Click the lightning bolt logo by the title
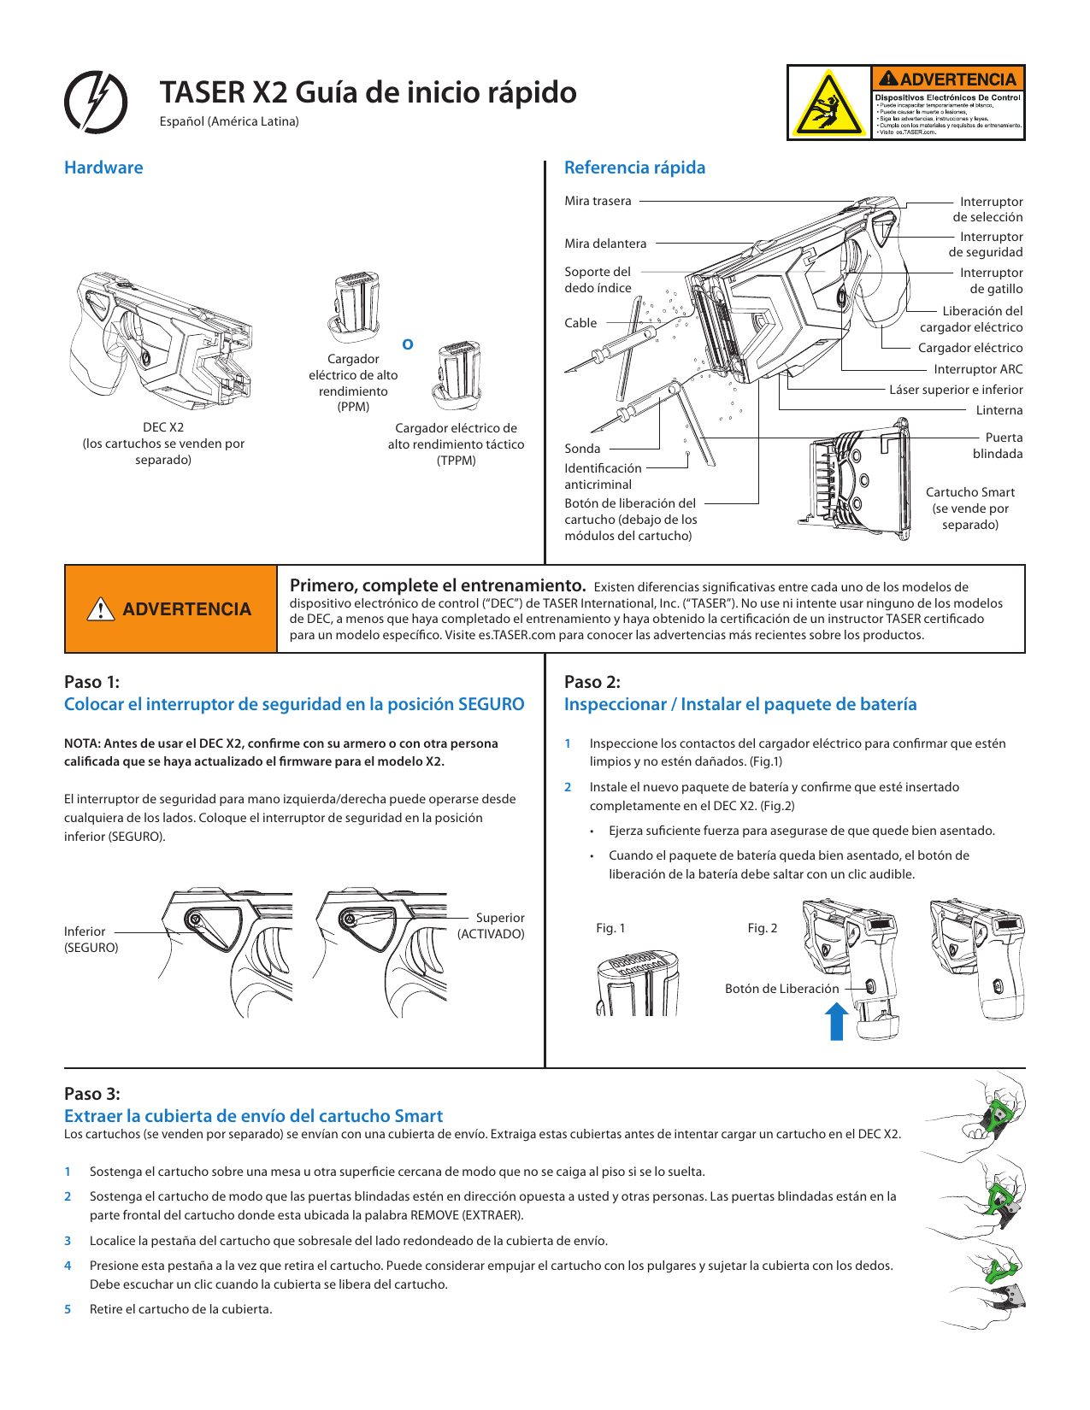pyautogui.click(x=97, y=101)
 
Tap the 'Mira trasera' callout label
pyautogui.click(x=598, y=201)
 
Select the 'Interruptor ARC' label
pyautogui.click(x=977, y=369)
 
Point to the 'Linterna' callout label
pyautogui.click(x=999, y=410)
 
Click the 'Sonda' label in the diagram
pyautogui.click(x=582, y=449)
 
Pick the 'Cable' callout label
pyautogui.click(x=580, y=323)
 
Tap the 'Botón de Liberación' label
pyautogui.click(x=781, y=989)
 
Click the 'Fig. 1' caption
pyautogui.click(x=610, y=928)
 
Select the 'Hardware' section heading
pyautogui.click(x=103, y=167)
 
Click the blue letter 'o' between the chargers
pyautogui.click(x=408, y=344)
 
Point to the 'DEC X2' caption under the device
pyautogui.click(x=163, y=427)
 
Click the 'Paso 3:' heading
pyautogui.click(x=92, y=1094)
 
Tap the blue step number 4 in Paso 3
pyautogui.click(x=68, y=1266)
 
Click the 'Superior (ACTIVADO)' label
pyautogui.click(x=492, y=925)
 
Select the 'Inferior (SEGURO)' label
pyautogui.click(x=91, y=939)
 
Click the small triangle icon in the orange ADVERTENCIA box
pyautogui.click(x=101, y=609)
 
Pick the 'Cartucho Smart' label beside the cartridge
pyautogui.click(x=970, y=492)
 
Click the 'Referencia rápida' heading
pyautogui.click(x=634, y=167)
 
